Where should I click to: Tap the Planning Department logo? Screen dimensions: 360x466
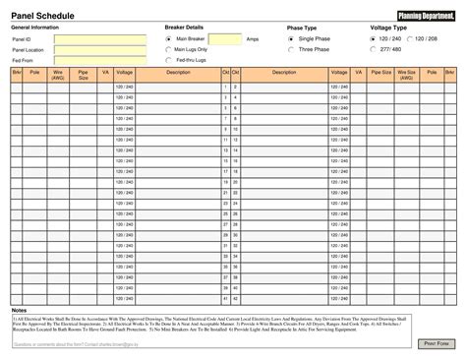click(426, 14)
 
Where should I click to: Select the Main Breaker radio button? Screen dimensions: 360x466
click(168, 38)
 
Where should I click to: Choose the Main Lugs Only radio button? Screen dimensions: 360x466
click(168, 49)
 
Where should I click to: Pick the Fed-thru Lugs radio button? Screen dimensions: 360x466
click(168, 60)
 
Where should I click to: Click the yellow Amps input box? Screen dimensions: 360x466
click(225, 39)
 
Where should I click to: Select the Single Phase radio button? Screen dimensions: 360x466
click(290, 38)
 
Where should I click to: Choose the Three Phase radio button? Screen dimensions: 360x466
click(290, 49)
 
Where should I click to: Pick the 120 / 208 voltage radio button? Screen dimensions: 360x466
click(409, 38)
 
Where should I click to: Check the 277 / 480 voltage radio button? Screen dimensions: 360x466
click(373, 49)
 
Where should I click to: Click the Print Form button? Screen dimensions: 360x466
click(436, 344)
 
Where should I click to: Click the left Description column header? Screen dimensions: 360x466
click(178, 73)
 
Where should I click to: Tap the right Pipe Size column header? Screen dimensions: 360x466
click(381, 73)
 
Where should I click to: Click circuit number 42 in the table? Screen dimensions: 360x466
click(236, 299)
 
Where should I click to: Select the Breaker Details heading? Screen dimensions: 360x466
click(184, 28)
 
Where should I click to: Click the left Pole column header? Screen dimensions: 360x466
click(34, 73)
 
